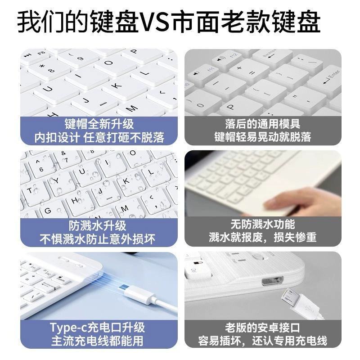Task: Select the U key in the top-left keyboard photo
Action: pos(48,88)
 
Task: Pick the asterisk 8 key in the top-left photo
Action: pos(48,69)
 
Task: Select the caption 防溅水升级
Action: pos(97,225)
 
